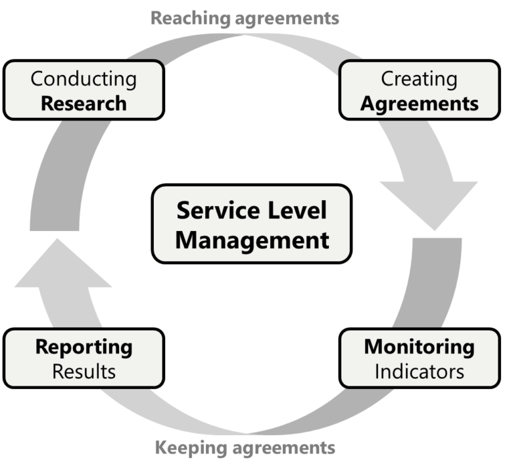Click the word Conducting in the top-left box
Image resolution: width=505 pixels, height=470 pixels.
84,79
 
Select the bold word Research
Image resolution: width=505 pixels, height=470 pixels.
84,103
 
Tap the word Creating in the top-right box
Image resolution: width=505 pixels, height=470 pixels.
419,79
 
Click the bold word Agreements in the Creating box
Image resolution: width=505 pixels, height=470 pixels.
419,103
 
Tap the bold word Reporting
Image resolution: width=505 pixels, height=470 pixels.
84,346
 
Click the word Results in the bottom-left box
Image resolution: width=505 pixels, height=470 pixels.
84,371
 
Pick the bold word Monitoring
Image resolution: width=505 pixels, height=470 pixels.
419,346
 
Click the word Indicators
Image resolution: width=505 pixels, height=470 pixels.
419,371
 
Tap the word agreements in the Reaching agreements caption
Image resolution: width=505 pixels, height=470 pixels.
287,18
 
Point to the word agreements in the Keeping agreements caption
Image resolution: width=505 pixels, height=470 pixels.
287,448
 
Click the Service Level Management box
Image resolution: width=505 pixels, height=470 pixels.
252,224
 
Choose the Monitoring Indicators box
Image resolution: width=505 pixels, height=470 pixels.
419,358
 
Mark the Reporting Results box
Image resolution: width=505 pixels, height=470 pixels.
84,358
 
